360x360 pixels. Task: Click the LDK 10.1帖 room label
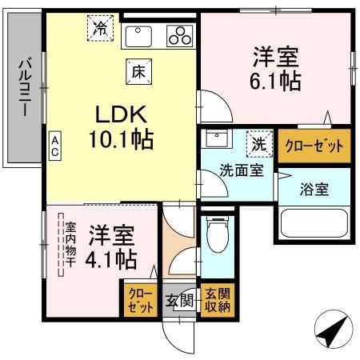121,126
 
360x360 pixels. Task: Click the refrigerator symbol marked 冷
101,27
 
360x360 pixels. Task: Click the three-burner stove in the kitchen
179,35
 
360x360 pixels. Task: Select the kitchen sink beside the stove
142,35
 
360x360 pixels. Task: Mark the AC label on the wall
54,145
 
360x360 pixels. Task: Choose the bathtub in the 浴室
314,225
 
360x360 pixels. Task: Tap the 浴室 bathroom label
313,190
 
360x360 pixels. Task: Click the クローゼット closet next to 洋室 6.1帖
314,146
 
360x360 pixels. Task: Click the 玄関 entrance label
180,301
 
